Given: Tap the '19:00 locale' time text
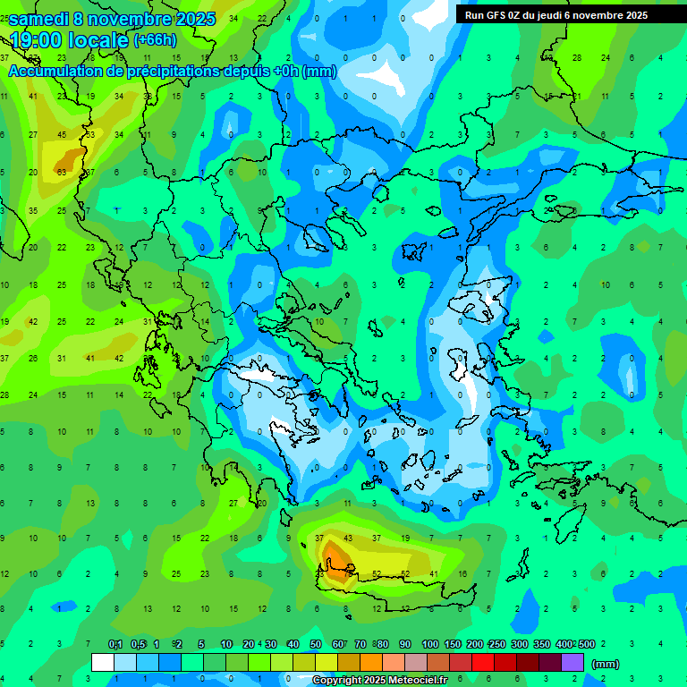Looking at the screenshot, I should (70, 40).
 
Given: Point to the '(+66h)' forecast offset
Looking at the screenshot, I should (155, 40).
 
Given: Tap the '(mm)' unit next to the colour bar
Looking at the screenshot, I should (605, 664).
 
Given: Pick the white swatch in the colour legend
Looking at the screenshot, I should (103, 663).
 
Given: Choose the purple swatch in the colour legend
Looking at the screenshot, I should (572, 663).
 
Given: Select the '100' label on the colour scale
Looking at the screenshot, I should (429, 644).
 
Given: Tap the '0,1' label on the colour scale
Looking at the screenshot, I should (115, 644).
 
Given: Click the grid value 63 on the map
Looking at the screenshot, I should (62, 172).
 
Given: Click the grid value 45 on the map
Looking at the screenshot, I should (62, 135).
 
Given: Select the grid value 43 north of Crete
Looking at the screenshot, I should (348, 538).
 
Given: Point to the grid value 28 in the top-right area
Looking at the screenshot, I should (577, 58).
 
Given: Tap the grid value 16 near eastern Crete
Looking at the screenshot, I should (462, 573).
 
